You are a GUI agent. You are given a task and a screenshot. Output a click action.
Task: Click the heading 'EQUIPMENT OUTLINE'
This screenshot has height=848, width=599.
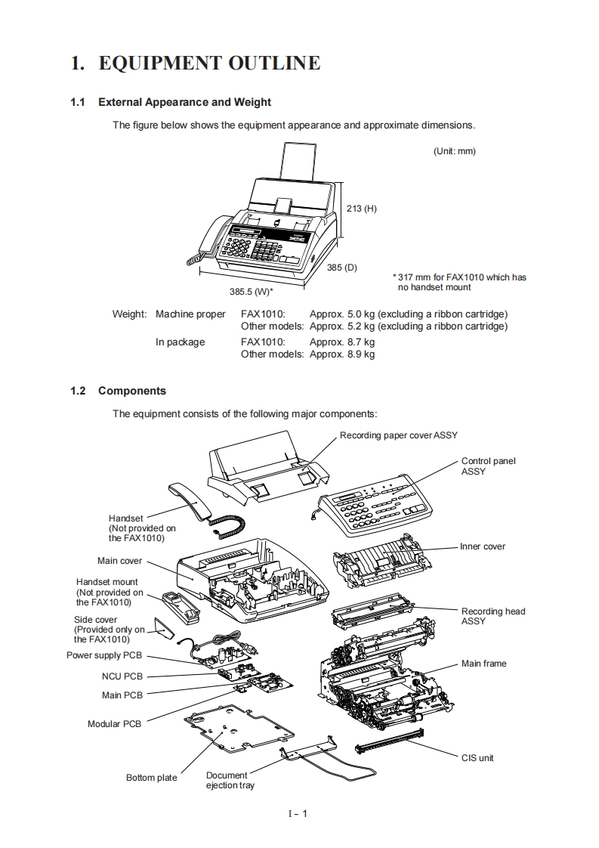pos(209,63)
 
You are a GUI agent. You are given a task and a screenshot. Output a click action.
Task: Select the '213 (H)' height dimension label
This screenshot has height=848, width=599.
pos(361,209)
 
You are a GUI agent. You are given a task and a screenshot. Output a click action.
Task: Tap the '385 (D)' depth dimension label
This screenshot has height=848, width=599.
pos(342,268)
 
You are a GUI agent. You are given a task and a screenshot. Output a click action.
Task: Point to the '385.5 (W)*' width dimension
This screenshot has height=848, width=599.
pos(252,290)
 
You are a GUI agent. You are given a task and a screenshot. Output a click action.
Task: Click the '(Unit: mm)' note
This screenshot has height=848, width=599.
pos(455,151)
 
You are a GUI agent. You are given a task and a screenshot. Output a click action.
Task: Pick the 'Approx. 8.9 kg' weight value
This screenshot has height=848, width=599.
pos(342,354)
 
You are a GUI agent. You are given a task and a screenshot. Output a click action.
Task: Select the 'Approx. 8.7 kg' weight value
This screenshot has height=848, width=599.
pos(342,342)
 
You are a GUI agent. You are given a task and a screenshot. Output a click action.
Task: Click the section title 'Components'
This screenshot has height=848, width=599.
pos(132,391)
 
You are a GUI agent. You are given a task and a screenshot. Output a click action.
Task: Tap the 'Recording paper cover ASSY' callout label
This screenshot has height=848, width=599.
pos(398,435)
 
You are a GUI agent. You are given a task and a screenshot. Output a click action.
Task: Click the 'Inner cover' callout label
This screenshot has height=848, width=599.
pos(483,546)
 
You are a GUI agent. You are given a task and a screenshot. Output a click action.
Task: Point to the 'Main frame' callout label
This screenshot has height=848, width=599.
pos(484,664)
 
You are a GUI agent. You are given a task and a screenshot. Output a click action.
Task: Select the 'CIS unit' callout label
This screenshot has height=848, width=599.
pos(477,757)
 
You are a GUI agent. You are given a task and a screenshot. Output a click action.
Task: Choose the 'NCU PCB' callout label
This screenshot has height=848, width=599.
pos(122,676)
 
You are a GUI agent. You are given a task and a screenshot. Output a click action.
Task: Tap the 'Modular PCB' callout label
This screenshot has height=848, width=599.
pos(114,724)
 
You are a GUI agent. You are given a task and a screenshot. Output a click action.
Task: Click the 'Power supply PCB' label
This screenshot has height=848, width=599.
pos(104,655)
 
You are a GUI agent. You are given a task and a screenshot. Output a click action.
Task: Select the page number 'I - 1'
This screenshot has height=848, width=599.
pos(298,813)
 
